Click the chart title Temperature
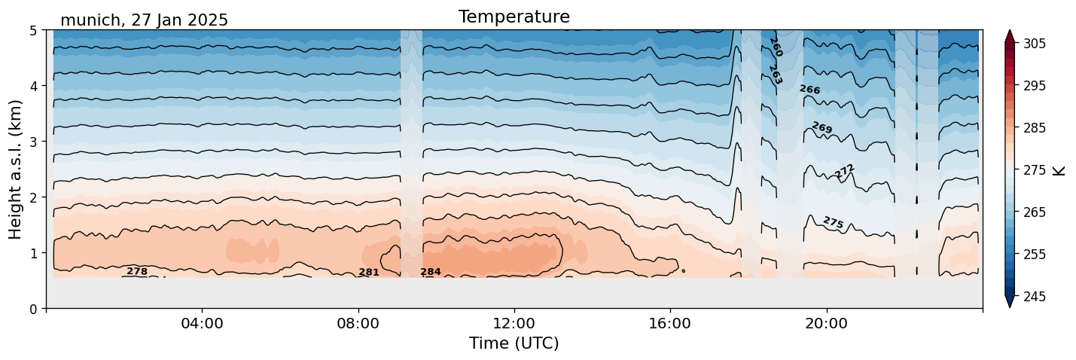pos(514,17)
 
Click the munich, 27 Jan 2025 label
pos(144,20)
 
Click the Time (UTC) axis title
pos(514,343)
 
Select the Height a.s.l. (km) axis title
pos(16,169)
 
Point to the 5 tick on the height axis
pos(34,31)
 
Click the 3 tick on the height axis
pos(34,142)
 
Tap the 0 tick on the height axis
pos(34,309)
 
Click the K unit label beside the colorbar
pos(1060,170)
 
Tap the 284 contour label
pos(431,272)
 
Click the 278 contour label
pos(137,271)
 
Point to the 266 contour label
pos(809,90)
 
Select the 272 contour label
pos(845,172)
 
